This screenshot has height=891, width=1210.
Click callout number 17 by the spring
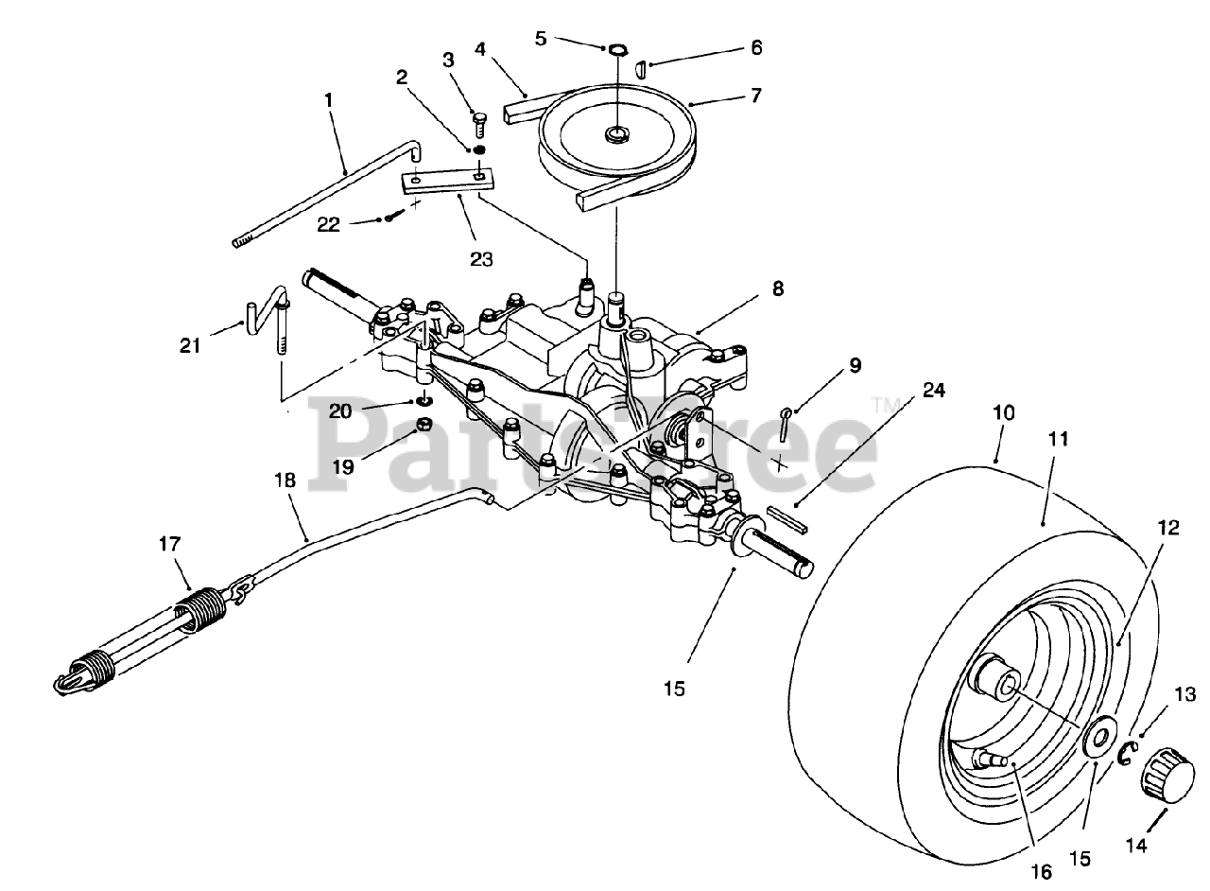tap(169, 544)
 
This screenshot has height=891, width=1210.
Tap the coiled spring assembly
tap(151, 635)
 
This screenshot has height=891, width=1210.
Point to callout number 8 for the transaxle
tap(777, 289)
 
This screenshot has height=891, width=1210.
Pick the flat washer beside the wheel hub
tap(1098, 737)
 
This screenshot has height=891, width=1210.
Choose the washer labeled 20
tap(425, 400)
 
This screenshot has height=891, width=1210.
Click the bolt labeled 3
tap(479, 122)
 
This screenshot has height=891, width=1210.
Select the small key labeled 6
tap(642, 69)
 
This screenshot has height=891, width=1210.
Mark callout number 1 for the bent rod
tap(329, 98)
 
